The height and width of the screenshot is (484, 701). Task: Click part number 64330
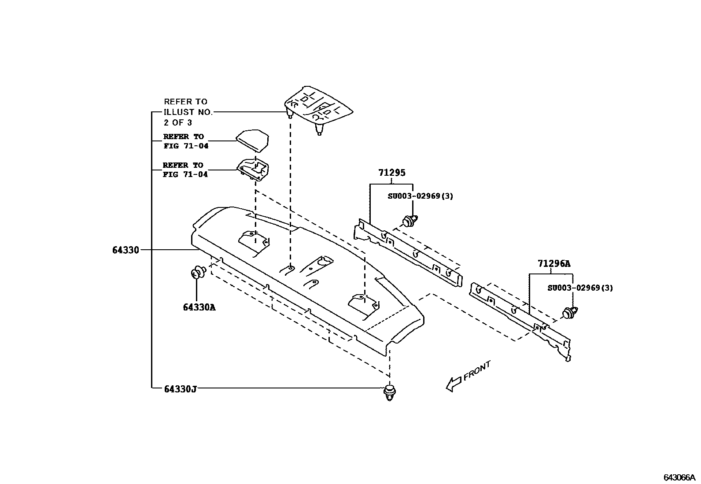coord(125,250)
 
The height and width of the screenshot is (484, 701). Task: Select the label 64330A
coord(199,307)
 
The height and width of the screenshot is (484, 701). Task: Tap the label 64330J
coord(180,389)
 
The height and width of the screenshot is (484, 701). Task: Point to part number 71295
coord(391,173)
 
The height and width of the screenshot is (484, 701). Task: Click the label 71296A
coord(553,264)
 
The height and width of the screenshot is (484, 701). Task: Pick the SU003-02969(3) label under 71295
coord(420,196)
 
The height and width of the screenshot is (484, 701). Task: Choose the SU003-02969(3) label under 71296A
coord(580,288)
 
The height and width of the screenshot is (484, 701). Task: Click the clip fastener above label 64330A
coord(198,273)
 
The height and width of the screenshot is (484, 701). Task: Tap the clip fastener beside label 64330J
coord(389,392)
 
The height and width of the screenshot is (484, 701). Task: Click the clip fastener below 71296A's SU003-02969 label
coord(570,313)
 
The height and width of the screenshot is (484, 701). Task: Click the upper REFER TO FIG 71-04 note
coord(185,141)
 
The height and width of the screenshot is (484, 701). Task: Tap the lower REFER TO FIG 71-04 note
coord(185,170)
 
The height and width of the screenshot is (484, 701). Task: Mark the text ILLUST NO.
coord(188,112)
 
